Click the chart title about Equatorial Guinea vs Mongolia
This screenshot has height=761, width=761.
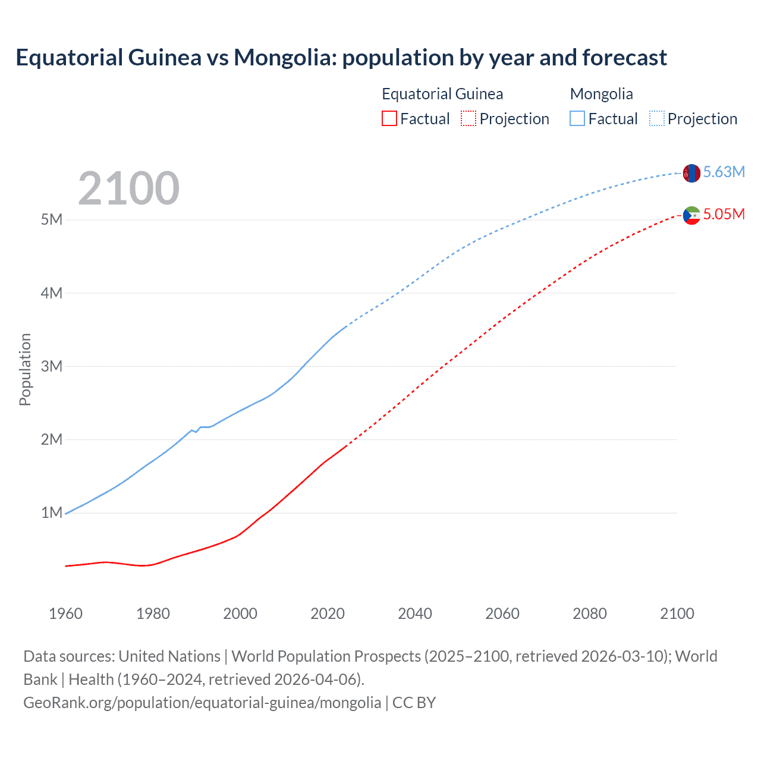(341, 58)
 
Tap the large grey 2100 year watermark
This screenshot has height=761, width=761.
(128, 188)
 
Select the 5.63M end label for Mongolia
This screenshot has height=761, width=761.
(724, 172)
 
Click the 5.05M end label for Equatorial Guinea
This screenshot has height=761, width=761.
(724, 214)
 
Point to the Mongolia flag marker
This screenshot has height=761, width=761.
(691, 173)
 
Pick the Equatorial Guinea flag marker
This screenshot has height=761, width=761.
(691, 215)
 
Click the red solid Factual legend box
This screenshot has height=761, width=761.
(389, 118)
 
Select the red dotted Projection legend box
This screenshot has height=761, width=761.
(468, 118)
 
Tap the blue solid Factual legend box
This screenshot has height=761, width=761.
(577, 118)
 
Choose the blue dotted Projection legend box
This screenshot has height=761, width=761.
(657, 118)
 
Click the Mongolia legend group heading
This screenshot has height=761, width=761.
(601, 94)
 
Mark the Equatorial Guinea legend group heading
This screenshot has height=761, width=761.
(442, 94)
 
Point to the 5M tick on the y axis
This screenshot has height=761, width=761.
(52, 219)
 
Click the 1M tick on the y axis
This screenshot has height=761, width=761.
(52, 512)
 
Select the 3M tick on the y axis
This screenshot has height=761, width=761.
(52, 366)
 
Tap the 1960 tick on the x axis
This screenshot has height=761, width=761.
(65, 614)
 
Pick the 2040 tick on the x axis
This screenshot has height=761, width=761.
(415, 614)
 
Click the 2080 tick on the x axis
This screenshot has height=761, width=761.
(590, 614)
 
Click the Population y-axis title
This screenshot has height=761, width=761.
(25, 369)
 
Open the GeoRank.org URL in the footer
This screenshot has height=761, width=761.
(202, 703)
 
